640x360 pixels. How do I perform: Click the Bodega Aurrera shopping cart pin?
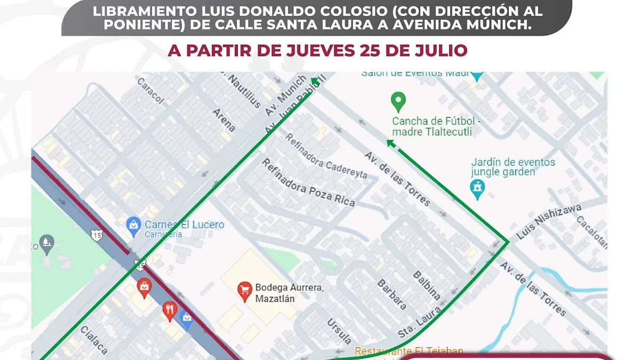pos(244,291)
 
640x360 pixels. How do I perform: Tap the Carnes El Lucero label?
pos(184,225)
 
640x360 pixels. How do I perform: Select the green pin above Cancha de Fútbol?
pos(398,101)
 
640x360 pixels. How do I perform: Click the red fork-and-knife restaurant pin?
pos(170,311)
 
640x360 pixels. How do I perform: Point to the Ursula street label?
pos(340,330)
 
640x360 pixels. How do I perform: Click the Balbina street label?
pos(427,285)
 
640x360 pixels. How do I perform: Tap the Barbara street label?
pos(392,294)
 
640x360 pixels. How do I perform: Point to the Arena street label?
pos(224,119)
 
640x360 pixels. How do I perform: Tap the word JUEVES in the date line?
pos(299,51)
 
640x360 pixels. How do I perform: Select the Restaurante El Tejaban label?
pos(409,351)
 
